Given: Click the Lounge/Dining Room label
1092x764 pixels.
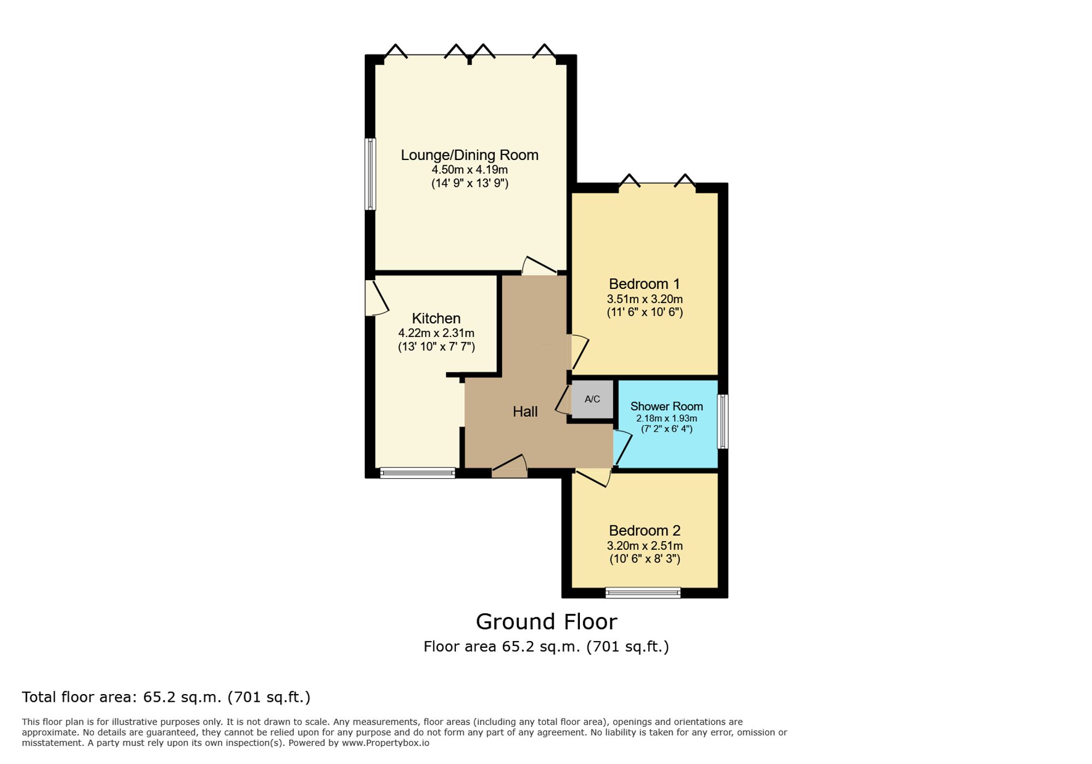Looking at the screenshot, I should [470, 155].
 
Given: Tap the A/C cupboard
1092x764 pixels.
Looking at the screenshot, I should [592, 399].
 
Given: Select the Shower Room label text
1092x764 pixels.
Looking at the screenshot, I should [666, 406].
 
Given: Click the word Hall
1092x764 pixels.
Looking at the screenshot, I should [525, 412].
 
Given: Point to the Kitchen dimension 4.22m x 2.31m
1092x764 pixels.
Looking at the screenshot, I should [436, 333].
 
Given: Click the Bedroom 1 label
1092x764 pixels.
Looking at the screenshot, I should [644, 284].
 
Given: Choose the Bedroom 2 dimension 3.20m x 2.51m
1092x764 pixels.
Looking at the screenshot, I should [644, 546].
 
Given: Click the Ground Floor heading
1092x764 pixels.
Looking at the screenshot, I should [546, 621].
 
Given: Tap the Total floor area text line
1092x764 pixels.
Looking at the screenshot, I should [166, 697].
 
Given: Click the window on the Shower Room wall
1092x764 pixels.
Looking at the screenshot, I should [722, 422].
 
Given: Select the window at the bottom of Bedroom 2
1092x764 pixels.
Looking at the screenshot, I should [643, 593].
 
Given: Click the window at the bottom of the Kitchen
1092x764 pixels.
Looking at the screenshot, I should [418, 473].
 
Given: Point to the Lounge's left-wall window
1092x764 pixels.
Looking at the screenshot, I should [370, 174].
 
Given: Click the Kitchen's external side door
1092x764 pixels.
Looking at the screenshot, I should [376, 298].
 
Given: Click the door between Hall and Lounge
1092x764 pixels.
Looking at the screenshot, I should [539, 266].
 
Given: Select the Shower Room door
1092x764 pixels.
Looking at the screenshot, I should [622, 447].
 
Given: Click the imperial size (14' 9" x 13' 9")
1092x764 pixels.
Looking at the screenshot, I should [470, 183].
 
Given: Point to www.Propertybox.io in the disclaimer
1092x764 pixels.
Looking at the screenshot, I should [385, 743].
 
